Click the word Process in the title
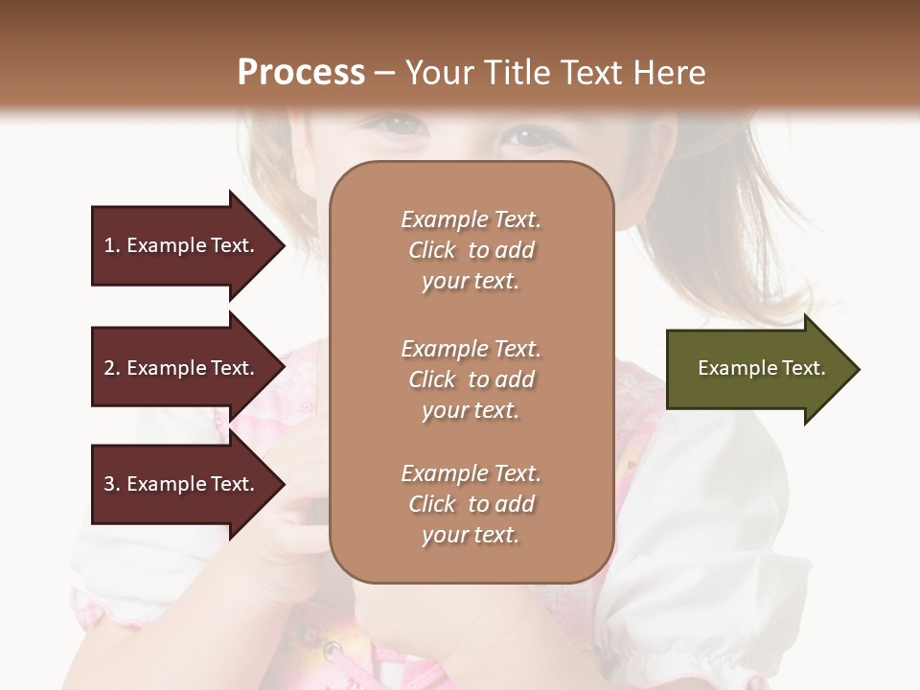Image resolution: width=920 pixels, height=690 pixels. point(301,73)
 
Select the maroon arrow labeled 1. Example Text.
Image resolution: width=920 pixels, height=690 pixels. point(182,245)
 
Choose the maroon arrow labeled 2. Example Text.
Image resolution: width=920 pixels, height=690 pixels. point(182,368)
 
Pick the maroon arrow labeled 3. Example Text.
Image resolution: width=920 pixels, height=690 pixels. point(182,484)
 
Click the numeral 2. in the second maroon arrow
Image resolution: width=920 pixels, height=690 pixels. point(112,368)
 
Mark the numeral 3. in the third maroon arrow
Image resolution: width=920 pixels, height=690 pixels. point(112,484)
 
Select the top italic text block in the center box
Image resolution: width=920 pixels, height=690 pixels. point(471,250)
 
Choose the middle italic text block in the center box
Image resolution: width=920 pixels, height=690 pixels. point(471,379)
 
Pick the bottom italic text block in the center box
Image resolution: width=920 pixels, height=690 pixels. point(471,504)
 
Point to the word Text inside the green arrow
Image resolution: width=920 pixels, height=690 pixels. point(803,368)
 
